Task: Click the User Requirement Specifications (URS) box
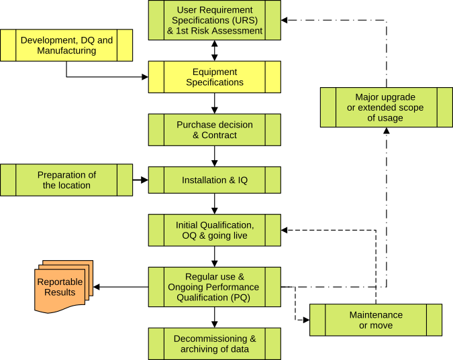point(214,21)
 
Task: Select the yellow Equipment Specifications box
point(214,77)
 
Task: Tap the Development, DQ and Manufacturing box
point(66,45)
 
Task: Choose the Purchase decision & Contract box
point(214,129)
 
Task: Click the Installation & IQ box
point(214,180)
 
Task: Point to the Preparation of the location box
point(66,180)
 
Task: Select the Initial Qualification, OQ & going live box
point(214,231)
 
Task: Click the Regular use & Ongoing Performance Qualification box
point(214,287)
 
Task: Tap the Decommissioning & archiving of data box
point(214,344)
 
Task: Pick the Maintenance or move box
point(376,320)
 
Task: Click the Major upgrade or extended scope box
point(385,107)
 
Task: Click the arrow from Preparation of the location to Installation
point(140,180)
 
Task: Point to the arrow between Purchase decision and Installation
point(215,156)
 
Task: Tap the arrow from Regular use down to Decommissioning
point(215,317)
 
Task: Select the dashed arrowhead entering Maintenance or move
point(305,320)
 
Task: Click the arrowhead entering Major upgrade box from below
point(386,131)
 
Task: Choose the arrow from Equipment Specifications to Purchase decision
point(215,103)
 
